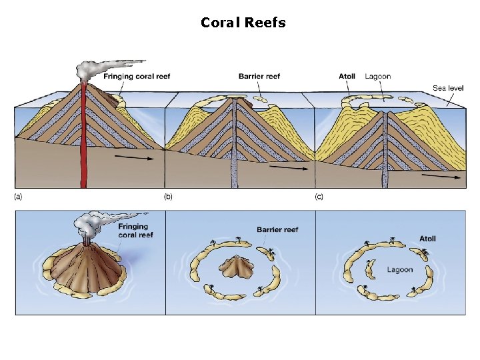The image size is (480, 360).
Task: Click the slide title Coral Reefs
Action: click(243, 23)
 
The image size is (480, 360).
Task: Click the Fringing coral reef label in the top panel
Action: click(137, 76)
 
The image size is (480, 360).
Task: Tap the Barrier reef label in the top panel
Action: click(259, 76)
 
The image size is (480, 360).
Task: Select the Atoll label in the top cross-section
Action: click(347, 76)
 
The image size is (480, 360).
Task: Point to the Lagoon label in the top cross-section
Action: click(378, 76)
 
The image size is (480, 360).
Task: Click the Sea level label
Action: click(448, 87)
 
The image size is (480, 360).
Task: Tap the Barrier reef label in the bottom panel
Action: click(277, 229)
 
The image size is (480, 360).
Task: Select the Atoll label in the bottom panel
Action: click(427, 239)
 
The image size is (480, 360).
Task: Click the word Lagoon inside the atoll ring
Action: click(401, 270)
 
